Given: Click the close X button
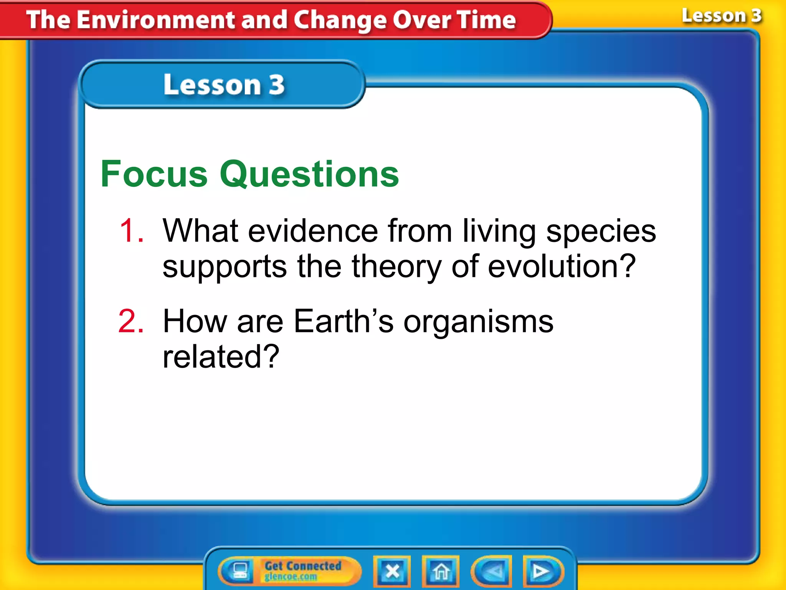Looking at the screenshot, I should [392, 571].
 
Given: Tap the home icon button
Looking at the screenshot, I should [441, 571].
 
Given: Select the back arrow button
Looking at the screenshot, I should [492, 572].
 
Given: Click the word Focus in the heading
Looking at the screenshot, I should [154, 174].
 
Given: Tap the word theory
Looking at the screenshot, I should [396, 267].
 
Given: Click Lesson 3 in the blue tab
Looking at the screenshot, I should [224, 85].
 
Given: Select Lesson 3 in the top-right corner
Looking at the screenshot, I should [721, 16].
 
